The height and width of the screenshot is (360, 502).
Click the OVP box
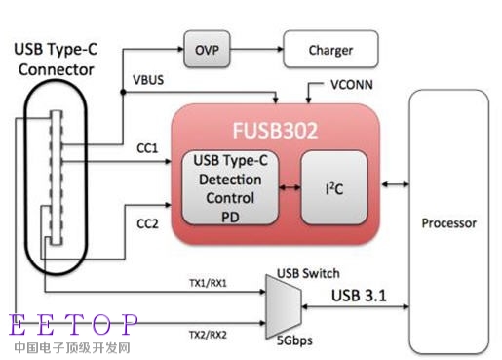pos(207,49)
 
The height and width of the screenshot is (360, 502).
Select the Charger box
pos(330,49)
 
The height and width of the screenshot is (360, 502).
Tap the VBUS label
pos(148,80)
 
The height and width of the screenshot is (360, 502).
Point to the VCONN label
pos(352,85)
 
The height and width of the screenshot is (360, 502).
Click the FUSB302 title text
pos(275,131)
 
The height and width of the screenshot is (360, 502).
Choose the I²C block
pos(334,187)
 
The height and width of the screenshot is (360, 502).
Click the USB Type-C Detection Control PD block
pos(230,187)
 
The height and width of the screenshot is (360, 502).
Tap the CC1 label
pos(147,148)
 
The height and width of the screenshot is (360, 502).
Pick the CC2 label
pos(147,223)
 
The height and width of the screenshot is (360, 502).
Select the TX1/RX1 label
pos(208,283)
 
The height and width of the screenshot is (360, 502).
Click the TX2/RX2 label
pos(208,335)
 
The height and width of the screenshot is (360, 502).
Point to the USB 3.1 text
pos(359,296)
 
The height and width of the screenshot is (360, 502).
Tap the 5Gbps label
pos(294,340)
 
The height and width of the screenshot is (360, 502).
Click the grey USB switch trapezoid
pos(284,306)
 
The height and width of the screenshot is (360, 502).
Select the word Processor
pos(449,223)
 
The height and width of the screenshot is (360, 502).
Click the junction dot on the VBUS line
pos(123,92)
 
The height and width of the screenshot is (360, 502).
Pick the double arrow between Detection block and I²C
pos(290,187)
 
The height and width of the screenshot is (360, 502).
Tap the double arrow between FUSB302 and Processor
pos(395,184)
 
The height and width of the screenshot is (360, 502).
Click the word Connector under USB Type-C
pos(57,69)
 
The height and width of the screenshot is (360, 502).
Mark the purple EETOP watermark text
pos(73,324)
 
